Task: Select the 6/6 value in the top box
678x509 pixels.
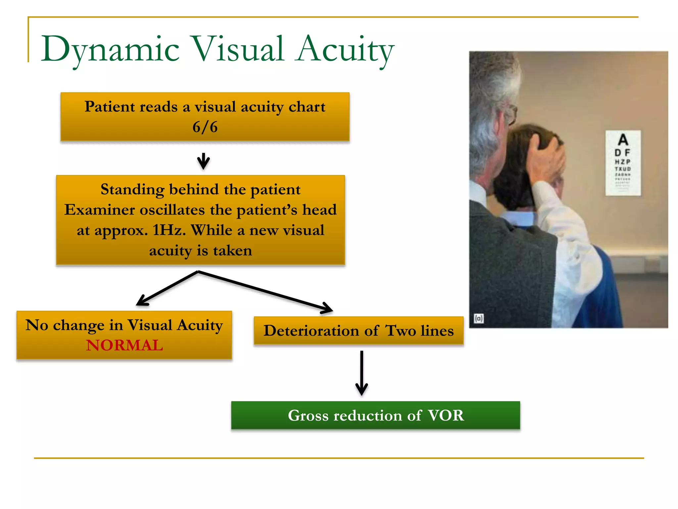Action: [205, 127]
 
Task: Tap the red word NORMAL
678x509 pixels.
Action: [124, 345]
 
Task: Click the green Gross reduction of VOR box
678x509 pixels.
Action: [375, 415]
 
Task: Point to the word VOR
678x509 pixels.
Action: [446, 415]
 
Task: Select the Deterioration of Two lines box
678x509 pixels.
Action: [359, 331]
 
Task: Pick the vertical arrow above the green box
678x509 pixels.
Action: [362, 373]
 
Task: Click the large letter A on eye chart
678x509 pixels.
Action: [623, 140]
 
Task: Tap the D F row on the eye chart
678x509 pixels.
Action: [622, 153]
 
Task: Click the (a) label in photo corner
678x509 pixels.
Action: [479, 318]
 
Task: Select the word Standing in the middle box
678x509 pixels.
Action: [132, 190]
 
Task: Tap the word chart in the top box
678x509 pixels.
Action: [307, 107]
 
